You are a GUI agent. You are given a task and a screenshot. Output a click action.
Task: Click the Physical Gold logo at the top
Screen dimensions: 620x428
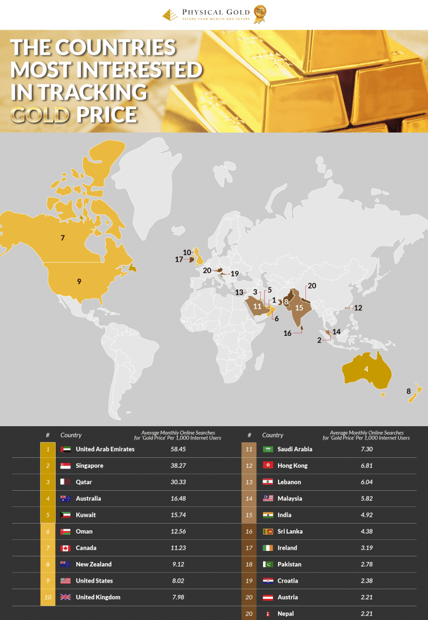click(213, 14)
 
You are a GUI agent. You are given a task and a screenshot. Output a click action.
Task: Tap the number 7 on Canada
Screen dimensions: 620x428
click(63, 238)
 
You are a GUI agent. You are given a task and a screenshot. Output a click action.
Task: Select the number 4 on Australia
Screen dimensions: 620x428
click(366, 369)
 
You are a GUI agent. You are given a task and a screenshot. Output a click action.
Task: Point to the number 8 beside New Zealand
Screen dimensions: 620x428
click(408, 391)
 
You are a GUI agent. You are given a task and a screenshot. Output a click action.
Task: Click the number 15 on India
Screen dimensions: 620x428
click(299, 307)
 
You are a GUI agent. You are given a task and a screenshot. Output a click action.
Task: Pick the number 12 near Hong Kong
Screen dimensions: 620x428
click(358, 307)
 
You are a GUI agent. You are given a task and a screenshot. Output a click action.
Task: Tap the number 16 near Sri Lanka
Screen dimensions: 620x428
click(288, 333)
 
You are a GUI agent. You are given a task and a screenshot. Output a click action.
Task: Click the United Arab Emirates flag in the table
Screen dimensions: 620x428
click(65, 449)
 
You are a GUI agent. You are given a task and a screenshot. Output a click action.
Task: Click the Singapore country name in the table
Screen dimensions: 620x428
click(90, 466)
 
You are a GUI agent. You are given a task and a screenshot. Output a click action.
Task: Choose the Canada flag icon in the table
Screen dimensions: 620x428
click(65, 548)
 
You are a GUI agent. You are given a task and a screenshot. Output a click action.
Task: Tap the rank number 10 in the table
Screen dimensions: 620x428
click(48, 597)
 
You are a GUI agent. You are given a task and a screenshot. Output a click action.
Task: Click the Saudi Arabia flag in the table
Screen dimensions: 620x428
click(267, 449)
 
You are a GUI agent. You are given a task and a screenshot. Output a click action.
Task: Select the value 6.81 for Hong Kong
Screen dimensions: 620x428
click(366, 466)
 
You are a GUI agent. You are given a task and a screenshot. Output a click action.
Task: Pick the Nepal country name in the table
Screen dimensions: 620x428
click(286, 614)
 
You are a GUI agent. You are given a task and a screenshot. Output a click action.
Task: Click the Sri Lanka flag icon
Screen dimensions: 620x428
click(267, 531)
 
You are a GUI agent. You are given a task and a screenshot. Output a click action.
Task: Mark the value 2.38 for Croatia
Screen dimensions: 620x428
click(366, 581)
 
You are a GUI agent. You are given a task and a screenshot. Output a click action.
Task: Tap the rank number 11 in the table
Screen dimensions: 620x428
click(249, 449)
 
